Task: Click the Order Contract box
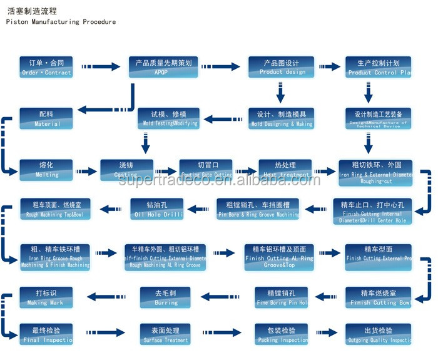tap(46, 67)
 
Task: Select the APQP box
tap(163, 67)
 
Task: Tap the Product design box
tap(281, 67)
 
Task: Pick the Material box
tap(46, 118)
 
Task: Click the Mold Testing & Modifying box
tap(169, 118)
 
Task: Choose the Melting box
tap(46, 169)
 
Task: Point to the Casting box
tap(127, 169)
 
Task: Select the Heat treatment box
tap(285, 169)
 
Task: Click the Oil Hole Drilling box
tap(157, 209)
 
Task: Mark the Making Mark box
tap(46, 297)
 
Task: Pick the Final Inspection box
tap(46, 335)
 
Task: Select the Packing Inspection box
tap(282, 335)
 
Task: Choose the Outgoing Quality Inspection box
tap(379, 335)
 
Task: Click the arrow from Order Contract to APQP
tap(100, 66)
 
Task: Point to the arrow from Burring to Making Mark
tap(108, 296)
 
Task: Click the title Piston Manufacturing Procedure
tap(61, 22)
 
